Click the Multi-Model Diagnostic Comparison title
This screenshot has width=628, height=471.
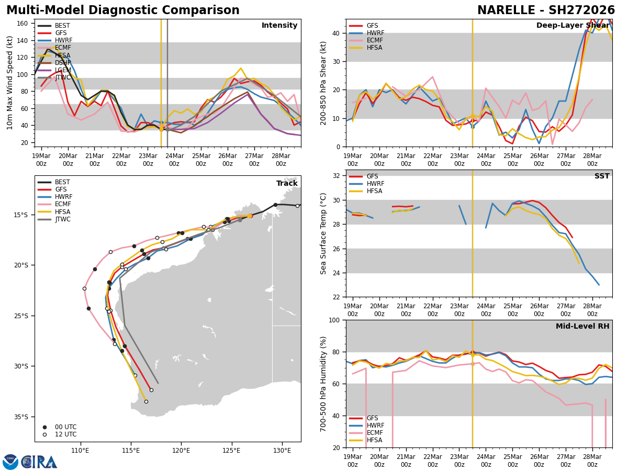point(123,10)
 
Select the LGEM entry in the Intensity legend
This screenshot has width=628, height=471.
point(63,71)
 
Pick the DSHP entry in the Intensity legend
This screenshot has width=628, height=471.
point(63,63)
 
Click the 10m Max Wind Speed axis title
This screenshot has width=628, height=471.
point(10,83)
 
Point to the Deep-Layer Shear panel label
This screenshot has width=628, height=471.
point(573,26)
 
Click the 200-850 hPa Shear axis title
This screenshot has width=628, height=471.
point(323,83)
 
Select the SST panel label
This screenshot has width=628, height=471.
point(602,176)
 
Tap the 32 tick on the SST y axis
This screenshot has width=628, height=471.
point(337,176)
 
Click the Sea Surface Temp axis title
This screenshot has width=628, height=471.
point(323,233)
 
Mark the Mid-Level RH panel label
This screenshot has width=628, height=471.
point(582,327)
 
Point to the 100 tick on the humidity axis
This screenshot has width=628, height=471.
point(334,320)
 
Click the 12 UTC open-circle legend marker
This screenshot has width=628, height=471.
point(44,434)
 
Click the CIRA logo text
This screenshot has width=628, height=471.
point(39,462)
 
